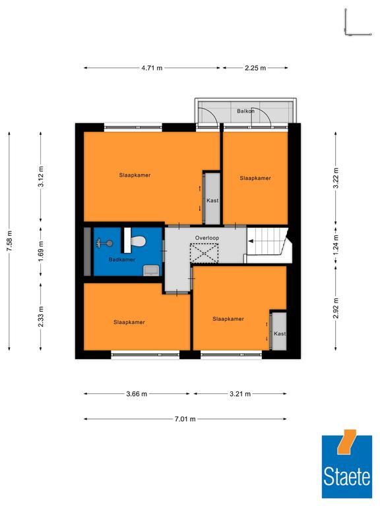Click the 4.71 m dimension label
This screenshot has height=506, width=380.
[152, 68]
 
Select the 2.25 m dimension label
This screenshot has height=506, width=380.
[255, 68]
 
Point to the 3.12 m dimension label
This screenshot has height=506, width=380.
[41, 176]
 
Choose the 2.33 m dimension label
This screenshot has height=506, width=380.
[41, 316]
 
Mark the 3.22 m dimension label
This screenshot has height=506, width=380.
[336, 178]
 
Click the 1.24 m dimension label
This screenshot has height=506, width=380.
[336, 244]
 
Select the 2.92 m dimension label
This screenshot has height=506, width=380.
[336, 308]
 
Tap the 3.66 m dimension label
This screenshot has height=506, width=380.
[137, 394]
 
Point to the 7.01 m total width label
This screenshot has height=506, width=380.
[185, 419]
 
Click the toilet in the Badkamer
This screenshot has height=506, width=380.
[138, 240]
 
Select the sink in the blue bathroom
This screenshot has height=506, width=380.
[151, 270]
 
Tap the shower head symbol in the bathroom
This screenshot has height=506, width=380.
[105, 243]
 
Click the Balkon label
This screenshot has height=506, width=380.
[245, 111]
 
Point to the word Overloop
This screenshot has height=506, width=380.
[206, 238]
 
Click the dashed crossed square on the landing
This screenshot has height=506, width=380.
[205, 253]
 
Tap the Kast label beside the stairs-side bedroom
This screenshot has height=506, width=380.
[280, 333]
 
